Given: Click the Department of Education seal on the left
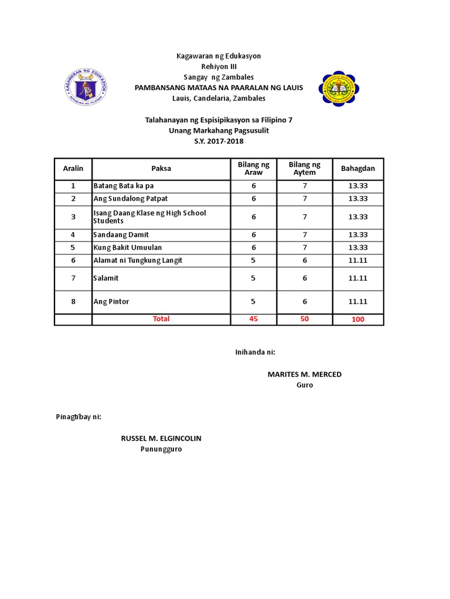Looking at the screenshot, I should (x=86, y=87).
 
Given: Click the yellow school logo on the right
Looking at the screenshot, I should (x=339, y=88).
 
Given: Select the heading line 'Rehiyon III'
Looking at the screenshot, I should (x=219, y=67).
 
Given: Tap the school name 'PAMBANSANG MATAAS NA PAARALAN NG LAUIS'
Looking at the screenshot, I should (x=219, y=88).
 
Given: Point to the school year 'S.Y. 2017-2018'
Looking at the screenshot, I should (x=219, y=141).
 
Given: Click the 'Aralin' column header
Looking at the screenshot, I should (x=73, y=168).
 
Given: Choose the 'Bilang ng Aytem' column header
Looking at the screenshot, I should (x=304, y=168).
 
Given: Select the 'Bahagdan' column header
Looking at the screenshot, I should (x=357, y=168).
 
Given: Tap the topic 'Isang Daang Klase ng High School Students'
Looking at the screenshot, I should (x=150, y=216).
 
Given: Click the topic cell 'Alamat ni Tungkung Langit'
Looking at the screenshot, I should (x=138, y=260).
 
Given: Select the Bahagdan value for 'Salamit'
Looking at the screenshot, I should (x=357, y=278).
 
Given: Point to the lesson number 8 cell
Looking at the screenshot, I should (x=73, y=302).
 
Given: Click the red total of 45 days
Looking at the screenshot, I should (x=254, y=319).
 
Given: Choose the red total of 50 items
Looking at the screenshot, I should (x=304, y=319).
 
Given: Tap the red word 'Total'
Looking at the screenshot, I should (x=161, y=319).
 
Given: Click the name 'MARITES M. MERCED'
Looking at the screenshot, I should (x=304, y=374).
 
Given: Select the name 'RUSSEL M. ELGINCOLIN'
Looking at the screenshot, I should (x=161, y=438).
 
